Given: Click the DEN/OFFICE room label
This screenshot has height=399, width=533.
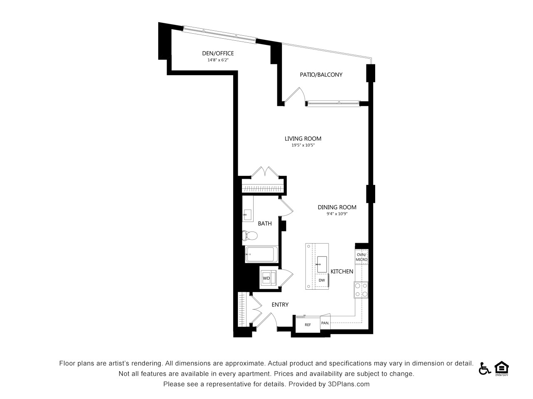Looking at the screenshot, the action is point(218,53).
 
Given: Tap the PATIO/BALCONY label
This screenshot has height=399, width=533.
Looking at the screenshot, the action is point(321,75).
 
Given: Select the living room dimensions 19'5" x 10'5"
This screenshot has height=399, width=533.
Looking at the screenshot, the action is point(303,145).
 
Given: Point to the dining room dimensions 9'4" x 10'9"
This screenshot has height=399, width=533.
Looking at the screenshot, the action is point(337,214).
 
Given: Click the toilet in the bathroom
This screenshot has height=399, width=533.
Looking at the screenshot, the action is point(249,235).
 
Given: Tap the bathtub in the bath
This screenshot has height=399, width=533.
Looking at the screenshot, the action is point(262,254).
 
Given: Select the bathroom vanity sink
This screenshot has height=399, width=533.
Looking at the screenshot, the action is point(247,214).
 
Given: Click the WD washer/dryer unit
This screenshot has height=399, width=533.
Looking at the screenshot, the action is point(268,278).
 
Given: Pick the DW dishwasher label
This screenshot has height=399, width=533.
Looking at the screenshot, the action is point(322,280).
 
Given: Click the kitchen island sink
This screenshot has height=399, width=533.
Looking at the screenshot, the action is point(322,264).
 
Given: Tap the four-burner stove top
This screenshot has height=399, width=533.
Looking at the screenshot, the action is point(361,290).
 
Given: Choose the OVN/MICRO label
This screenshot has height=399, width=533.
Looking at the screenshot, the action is point(361,257).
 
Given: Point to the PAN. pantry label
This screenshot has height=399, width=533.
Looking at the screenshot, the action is point(325,323).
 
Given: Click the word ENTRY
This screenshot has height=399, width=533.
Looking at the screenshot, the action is point(280,305).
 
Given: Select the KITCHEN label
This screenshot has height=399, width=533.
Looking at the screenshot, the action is point(342,271).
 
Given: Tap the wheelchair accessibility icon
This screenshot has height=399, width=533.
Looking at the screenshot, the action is point(485,369).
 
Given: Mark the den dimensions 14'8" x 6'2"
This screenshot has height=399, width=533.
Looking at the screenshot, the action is point(218,60).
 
